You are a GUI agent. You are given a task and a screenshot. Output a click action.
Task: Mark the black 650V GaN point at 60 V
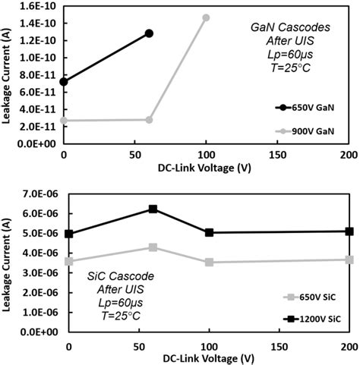coord(149,33)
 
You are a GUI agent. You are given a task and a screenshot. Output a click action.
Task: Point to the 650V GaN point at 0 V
coord(64,81)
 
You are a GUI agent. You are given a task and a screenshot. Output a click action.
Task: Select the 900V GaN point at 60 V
coord(149,120)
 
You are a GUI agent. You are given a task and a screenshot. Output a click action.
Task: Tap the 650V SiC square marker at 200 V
coord(349,260)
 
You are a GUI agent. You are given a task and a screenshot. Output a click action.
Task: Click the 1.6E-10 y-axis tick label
coord(36,6)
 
